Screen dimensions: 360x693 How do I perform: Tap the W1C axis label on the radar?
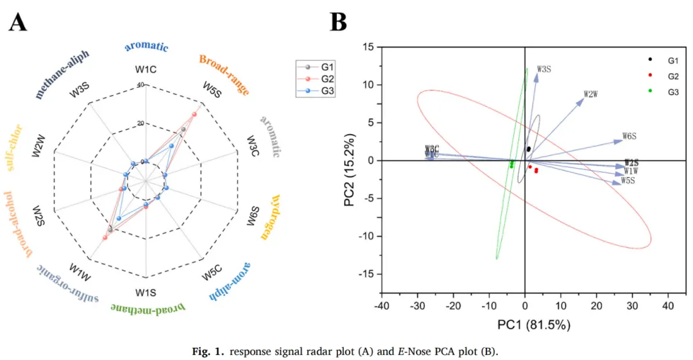pos(146,69)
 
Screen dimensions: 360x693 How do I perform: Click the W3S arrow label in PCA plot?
pos(544,69)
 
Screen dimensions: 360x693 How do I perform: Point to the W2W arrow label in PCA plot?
pos(591,94)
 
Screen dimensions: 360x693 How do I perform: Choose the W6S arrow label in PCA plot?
pos(629,137)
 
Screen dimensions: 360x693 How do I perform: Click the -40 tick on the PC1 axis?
pos(382,305)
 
